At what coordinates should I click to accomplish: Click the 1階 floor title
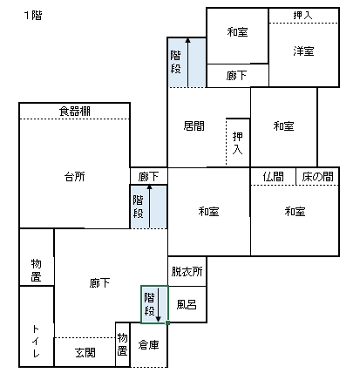[x=33, y=15]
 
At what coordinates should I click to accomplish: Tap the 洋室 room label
[x=303, y=51]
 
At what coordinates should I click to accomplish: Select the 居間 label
[x=194, y=126]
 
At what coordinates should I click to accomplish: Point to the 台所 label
[x=75, y=177]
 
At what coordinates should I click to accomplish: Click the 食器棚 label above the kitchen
[x=75, y=111]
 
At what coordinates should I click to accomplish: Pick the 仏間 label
[x=273, y=177]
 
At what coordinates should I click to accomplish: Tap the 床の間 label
[x=317, y=177]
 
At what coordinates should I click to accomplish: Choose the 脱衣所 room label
[x=187, y=271]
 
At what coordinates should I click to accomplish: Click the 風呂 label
[x=187, y=304]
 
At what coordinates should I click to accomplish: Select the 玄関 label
[x=85, y=353]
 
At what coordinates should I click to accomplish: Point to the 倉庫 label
[x=148, y=345]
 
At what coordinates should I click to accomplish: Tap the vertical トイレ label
[x=36, y=341]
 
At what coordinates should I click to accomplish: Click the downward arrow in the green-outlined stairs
[x=159, y=305]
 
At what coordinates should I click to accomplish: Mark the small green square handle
[x=167, y=322]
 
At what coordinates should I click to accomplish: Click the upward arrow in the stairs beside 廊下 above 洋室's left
[x=187, y=63]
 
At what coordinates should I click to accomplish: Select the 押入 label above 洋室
[x=302, y=15]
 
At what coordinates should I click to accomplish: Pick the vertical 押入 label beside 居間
[x=238, y=143]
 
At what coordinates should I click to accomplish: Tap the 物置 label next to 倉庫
[x=122, y=344]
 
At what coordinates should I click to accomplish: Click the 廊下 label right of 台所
[x=148, y=177]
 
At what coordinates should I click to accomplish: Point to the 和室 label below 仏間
[x=295, y=212]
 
